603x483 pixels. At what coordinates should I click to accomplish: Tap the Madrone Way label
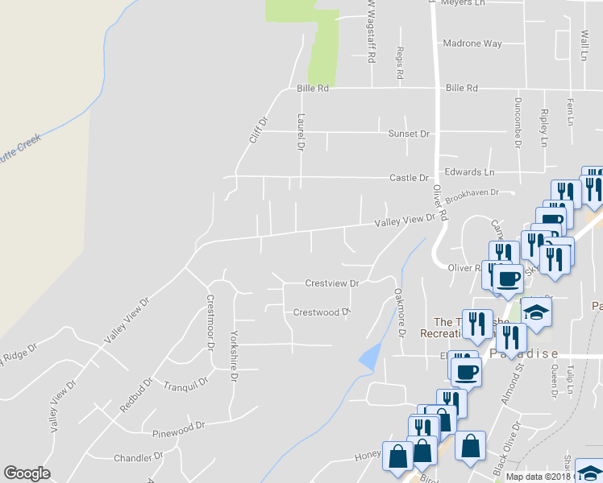pos(473,43)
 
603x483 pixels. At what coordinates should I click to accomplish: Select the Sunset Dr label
pos(409,134)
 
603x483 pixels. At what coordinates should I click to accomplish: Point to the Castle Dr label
pos(409,178)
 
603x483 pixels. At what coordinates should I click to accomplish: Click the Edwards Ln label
pos(469,172)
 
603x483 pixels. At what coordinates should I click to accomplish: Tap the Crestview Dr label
pos(331,283)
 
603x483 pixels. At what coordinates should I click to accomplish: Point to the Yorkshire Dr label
pos(234,344)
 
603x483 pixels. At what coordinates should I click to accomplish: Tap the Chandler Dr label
pos(138,456)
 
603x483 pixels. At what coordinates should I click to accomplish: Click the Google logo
pos(27,473)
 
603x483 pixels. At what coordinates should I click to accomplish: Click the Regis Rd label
pos(400,63)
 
